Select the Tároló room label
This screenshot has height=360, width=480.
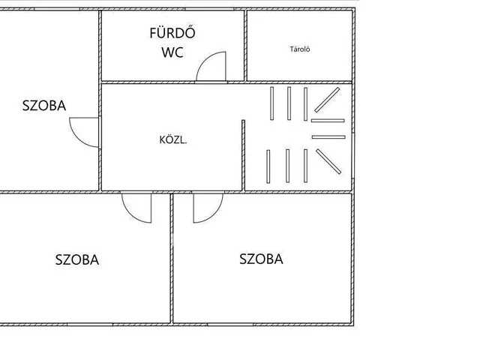[x=300, y=50]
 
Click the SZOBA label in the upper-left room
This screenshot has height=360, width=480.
[x=43, y=106]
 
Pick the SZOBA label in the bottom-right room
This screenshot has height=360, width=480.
[x=261, y=259]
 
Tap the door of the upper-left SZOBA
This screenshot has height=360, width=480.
[x=84, y=133]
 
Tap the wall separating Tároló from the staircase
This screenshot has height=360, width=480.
[x=300, y=81]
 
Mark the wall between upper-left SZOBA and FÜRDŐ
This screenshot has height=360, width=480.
[x=100, y=45]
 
